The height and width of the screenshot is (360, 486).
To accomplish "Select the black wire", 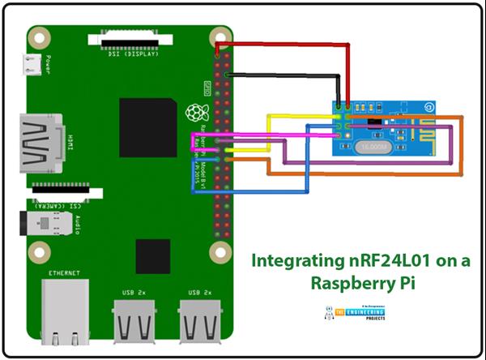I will click(x=283, y=75).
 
